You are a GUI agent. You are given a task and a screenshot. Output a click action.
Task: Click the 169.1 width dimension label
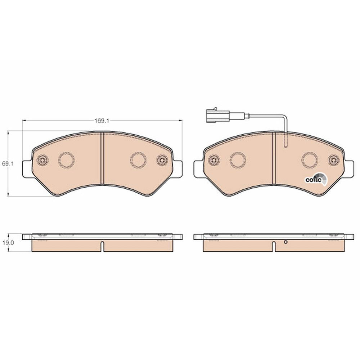coord(102,120)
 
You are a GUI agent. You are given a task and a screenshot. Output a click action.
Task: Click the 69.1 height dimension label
coord(8,164)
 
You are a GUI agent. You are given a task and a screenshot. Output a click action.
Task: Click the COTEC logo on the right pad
coord(316,180)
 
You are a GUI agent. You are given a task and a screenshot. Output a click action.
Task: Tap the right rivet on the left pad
coord(162,160)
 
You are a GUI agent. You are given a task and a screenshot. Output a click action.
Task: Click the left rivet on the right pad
coord(214,160)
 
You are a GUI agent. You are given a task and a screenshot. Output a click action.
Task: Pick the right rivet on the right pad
coord(333,160)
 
